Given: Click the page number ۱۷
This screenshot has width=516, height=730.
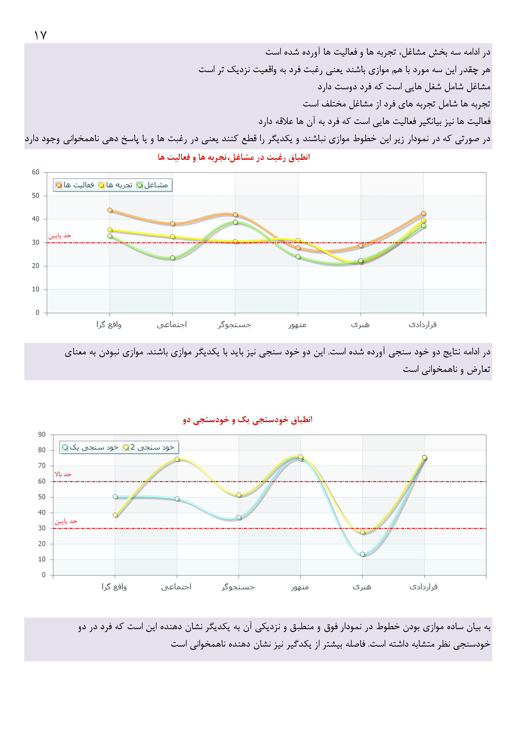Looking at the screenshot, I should [x=40, y=35].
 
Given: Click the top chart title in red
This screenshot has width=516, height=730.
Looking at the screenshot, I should [x=234, y=157].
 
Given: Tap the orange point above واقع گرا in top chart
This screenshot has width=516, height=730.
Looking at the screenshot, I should [x=110, y=210].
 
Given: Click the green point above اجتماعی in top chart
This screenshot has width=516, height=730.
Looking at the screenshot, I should [x=173, y=258].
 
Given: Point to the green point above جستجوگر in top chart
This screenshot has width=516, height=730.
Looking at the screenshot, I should [x=235, y=222].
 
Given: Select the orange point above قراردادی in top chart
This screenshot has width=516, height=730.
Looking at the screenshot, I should [x=423, y=213].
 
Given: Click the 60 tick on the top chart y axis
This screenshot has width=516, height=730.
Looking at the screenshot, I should [x=36, y=172].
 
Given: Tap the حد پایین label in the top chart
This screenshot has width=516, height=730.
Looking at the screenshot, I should [x=60, y=236].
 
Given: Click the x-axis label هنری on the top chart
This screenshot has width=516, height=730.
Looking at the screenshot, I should [x=360, y=325].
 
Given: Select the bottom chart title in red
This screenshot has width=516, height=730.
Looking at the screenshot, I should [x=248, y=420].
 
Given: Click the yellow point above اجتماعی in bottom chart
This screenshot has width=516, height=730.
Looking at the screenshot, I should [x=177, y=459].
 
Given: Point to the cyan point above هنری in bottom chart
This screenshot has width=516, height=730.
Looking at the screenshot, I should [x=363, y=554].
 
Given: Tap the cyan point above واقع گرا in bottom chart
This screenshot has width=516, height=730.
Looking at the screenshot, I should [x=115, y=497].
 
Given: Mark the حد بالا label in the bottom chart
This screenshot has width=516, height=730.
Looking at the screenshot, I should [x=63, y=474].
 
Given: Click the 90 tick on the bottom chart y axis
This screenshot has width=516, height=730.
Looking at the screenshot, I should [x=42, y=435].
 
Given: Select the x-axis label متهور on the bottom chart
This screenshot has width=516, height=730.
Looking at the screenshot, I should [x=300, y=587].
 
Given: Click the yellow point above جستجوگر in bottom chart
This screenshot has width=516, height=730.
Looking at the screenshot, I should [x=239, y=495].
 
